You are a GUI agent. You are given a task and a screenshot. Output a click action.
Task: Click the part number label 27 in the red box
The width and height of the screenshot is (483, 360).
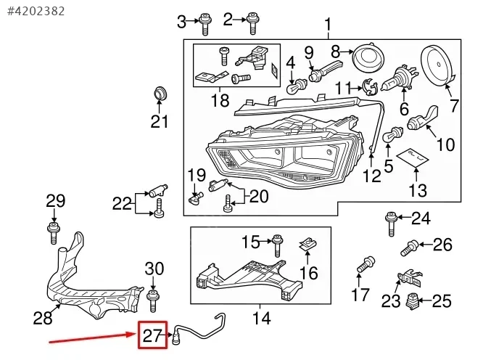point(153,337)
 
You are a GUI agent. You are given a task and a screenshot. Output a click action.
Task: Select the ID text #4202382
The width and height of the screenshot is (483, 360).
point(36,10)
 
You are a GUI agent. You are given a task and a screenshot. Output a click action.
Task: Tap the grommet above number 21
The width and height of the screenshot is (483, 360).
point(160,94)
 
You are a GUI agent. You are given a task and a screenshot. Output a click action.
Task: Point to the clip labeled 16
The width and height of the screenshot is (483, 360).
point(309,247)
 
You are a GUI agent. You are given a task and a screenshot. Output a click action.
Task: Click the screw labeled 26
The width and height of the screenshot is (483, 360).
point(410,247)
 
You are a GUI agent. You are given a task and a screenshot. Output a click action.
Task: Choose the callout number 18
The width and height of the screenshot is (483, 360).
point(219,100)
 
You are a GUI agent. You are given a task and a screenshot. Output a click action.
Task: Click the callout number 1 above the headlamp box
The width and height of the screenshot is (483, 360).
point(328,27)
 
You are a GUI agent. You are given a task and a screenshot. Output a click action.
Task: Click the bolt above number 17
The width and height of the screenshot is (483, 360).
point(365,264)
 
